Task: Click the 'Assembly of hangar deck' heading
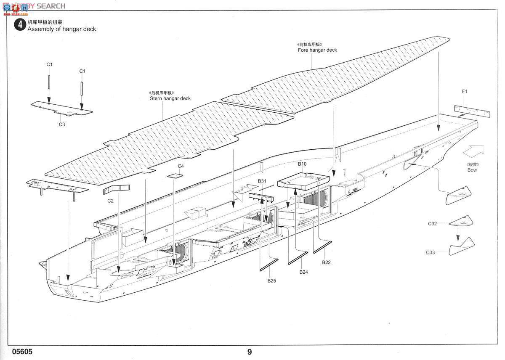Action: coord(62,29)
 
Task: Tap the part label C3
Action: coord(62,124)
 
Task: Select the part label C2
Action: coord(110,201)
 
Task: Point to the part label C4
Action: coord(181,166)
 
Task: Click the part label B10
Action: coord(302,164)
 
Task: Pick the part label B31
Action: coord(262,181)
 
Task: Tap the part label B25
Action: coord(271,281)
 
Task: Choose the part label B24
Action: coord(304,272)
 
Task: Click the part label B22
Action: coord(326,262)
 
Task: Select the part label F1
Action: coord(465,91)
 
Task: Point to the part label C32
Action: coord(433,224)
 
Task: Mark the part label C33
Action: coord(430,252)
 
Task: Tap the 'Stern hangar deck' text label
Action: coord(170,98)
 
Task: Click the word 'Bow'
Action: coord(472,170)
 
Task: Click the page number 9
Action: coord(250,352)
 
